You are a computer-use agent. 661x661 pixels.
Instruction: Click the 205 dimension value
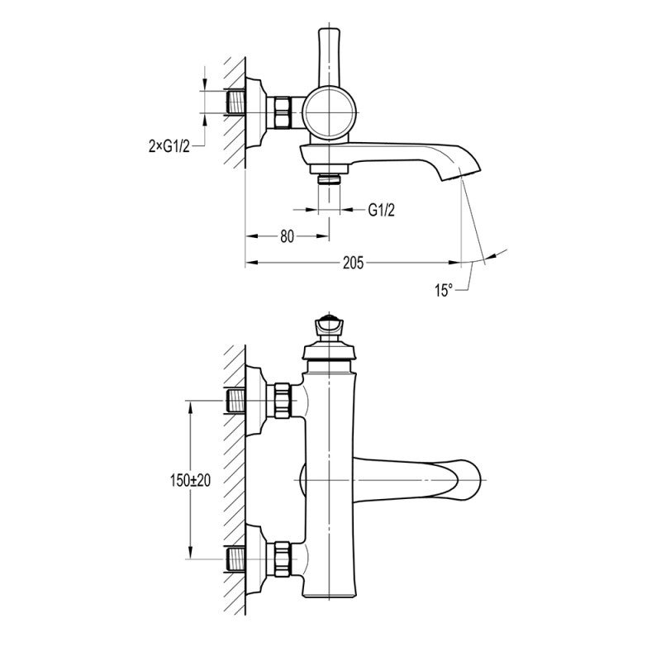point(353,263)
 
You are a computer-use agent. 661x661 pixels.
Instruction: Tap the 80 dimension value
point(287,236)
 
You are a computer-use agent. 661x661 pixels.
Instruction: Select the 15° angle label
point(444,291)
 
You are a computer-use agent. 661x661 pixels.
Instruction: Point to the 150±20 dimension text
point(190,480)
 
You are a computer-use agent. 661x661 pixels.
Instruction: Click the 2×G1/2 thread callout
point(169,146)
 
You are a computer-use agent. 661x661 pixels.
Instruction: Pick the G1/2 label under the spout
point(382,210)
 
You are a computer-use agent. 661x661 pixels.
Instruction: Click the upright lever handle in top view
point(329,57)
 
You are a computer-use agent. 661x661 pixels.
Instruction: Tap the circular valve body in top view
point(329,113)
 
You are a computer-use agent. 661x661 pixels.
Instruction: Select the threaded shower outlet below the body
point(329,179)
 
